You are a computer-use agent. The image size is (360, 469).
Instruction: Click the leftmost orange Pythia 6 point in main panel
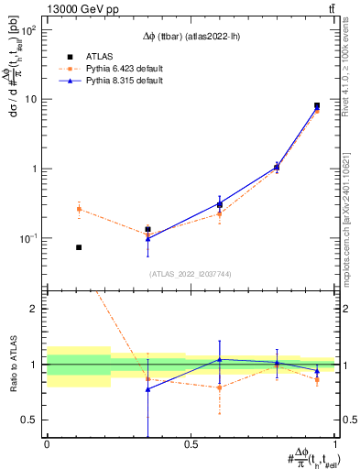[79, 209]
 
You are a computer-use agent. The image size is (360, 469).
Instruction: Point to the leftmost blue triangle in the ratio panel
[147, 389]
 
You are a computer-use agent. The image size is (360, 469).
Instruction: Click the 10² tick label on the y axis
[27, 30]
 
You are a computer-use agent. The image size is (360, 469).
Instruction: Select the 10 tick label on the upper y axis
[30, 99]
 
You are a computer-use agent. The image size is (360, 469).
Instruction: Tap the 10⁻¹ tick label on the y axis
[27, 238]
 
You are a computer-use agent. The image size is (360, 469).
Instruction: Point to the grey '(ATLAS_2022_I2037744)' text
[191, 274]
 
